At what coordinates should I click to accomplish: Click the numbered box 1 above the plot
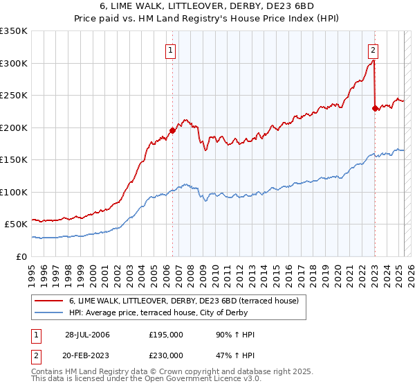(x=170, y=49)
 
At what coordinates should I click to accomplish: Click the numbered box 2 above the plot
(x=373, y=49)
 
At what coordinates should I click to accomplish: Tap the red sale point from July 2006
(x=172, y=130)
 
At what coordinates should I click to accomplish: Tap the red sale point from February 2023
(x=375, y=108)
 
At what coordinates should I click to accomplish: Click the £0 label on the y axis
(x=21, y=256)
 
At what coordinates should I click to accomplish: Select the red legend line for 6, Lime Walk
(x=48, y=301)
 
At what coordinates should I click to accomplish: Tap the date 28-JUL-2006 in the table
(x=87, y=335)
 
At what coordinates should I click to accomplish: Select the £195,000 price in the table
(x=166, y=335)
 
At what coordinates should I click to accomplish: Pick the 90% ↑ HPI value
(x=235, y=335)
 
